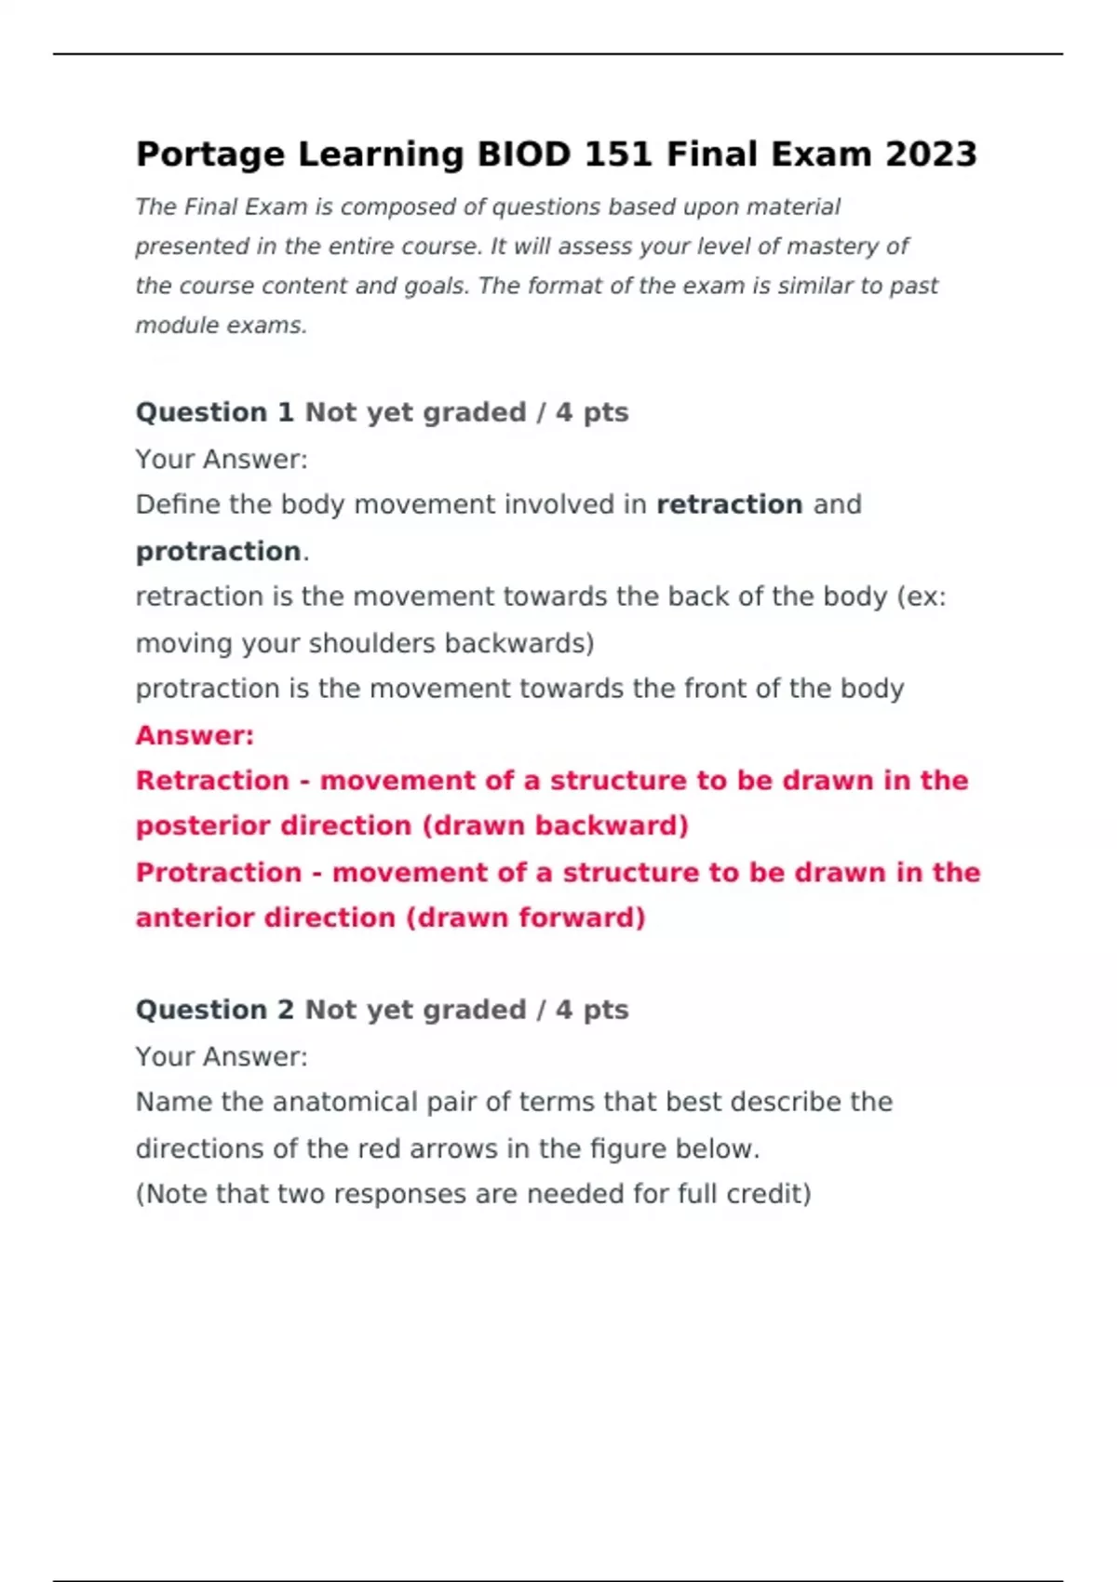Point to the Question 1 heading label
214,412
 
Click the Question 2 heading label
214,1010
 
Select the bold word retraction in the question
729,504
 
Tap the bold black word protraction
218,552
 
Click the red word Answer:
195,735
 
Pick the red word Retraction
212,780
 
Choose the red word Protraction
219,872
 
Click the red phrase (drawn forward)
525,918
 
